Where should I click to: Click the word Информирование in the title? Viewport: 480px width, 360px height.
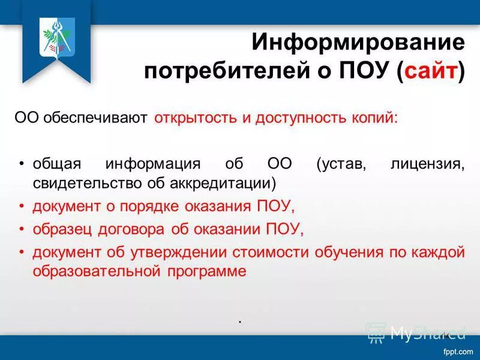[x=358, y=43]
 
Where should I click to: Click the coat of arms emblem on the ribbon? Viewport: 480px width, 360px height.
[x=57, y=35]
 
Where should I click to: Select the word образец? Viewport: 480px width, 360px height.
[x=60, y=229]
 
